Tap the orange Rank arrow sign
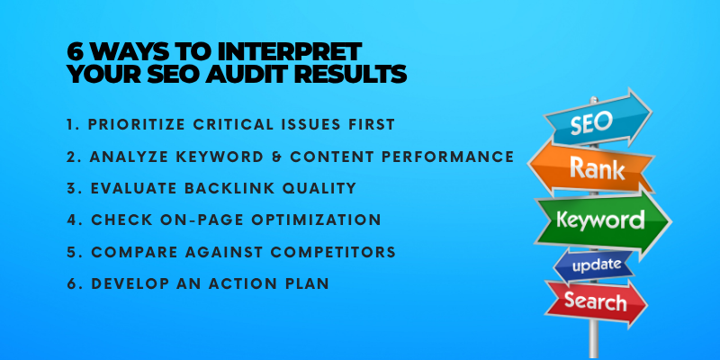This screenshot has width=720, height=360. click(x=591, y=168)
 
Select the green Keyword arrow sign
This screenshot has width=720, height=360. click(x=602, y=221)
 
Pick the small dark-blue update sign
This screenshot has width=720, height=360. click(x=594, y=266)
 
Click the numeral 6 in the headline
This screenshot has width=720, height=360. click(x=76, y=52)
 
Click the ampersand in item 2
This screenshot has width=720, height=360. click(x=277, y=157)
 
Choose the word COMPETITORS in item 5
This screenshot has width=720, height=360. click(x=333, y=252)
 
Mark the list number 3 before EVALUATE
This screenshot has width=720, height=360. click(x=72, y=188)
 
